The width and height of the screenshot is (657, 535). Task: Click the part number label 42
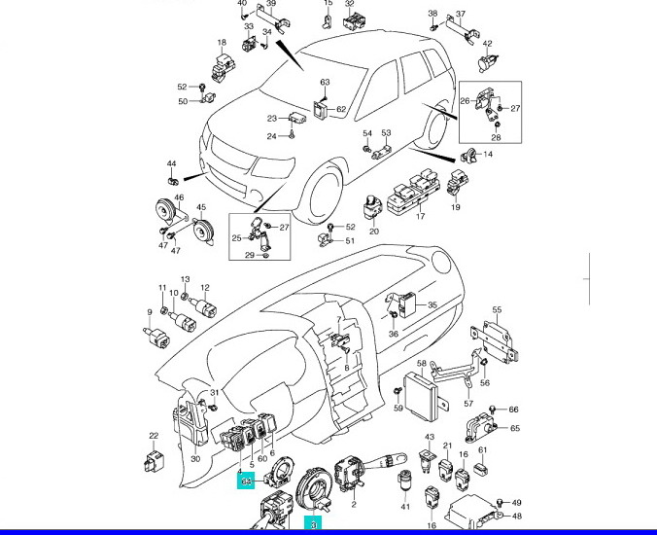pyautogui.click(x=488, y=44)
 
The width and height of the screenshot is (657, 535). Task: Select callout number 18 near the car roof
pyautogui.click(x=222, y=43)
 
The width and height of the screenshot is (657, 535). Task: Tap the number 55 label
pyautogui.click(x=496, y=311)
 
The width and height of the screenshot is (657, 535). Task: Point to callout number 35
pyautogui.click(x=432, y=304)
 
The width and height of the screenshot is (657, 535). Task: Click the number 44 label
pyautogui.click(x=171, y=163)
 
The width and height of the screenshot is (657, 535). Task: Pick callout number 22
pyautogui.click(x=154, y=436)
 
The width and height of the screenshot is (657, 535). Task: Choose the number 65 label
pyautogui.click(x=515, y=428)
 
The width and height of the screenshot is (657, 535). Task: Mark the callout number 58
pyautogui.click(x=422, y=364)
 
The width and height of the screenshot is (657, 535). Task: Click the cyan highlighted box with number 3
pyautogui.click(x=314, y=524)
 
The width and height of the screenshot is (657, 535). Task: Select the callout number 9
pyautogui.click(x=150, y=312)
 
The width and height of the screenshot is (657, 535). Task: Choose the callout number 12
pyautogui.click(x=205, y=288)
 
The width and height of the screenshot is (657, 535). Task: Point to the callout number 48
pyautogui.click(x=517, y=516)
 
